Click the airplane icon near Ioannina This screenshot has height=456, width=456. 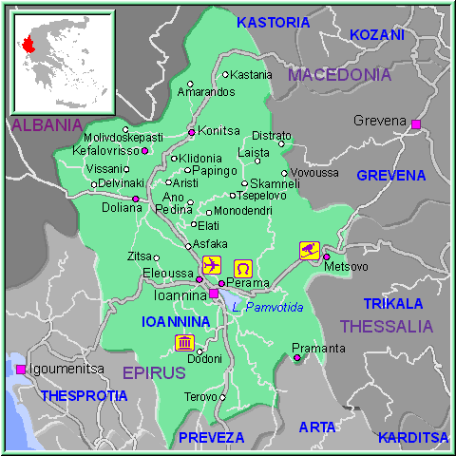pos(211,263)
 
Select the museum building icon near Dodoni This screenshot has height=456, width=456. pos(184,342)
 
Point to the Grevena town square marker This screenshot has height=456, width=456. pos(415,124)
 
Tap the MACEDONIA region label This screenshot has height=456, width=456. pos(339,74)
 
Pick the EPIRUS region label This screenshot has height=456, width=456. pos(153,372)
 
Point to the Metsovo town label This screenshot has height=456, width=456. pos(345,267)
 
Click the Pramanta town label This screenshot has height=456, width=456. pos(318,348)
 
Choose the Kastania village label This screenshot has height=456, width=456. pos(252,74)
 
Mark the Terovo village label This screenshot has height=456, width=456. pos(200,396)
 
